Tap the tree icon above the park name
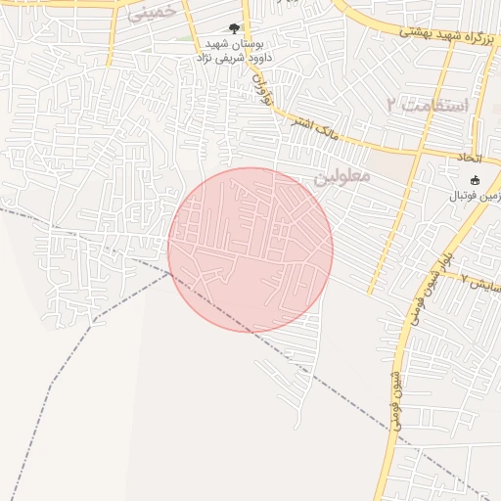point(233,28)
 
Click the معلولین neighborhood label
point(342,176)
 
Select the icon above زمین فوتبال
point(476,180)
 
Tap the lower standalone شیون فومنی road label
point(394,395)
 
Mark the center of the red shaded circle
point(250,250)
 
